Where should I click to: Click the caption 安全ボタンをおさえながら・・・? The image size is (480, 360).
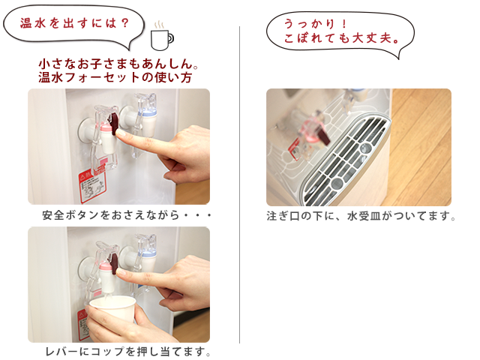pos(127,216)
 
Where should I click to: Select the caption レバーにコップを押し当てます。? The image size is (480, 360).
pos(127,351)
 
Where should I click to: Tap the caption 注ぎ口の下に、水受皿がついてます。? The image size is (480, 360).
pos(361,217)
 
